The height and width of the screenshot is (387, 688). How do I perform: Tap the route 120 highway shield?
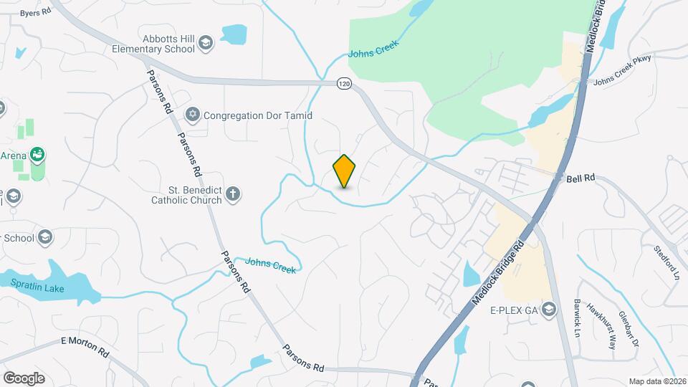pyautogui.click(x=345, y=84)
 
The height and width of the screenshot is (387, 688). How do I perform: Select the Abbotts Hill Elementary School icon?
pyautogui.click(x=206, y=43)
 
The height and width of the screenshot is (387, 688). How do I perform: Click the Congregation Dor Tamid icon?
pyautogui.click(x=192, y=115)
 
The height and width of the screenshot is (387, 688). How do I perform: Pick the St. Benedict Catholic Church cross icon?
pyautogui.click(x=232, y=193)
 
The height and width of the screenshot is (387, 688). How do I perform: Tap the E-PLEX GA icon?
pyautogui.click(x=550, y=310)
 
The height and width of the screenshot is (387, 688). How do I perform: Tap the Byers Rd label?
pyautogui.click(x=35, y=13)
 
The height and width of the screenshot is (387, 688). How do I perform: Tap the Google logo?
pyautogui.click(x=24, y=378)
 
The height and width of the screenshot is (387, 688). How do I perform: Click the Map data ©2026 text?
pyautogui.click(x=656, y=381)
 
